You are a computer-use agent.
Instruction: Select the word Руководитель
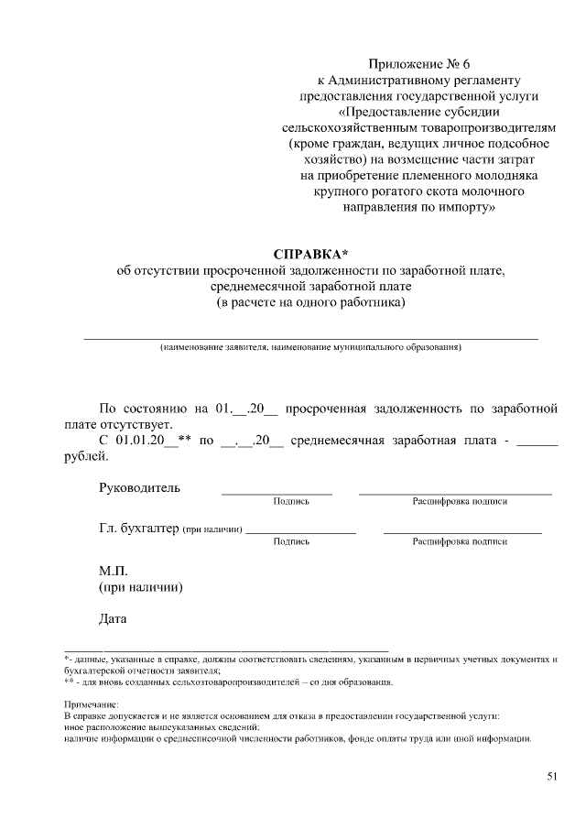pyautogui.click(x=139, y=487)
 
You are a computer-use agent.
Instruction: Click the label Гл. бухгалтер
pyautogui.click(x=139, y=529)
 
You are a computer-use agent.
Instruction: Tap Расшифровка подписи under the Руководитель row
pyautogui.click(x=460, y=502)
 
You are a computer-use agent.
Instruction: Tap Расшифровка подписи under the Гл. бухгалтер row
pyautogui.click(x=460, y=542)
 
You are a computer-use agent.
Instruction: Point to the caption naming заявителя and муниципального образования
pyautogui.click(x=310, y=348)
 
